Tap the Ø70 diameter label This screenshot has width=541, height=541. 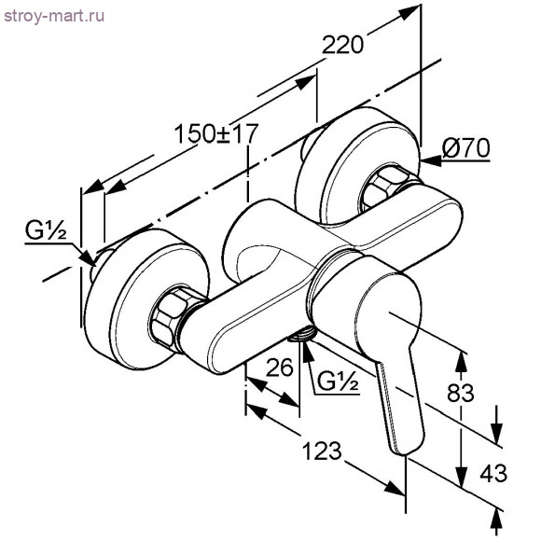pyautogui.click(x=465, y=147)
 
